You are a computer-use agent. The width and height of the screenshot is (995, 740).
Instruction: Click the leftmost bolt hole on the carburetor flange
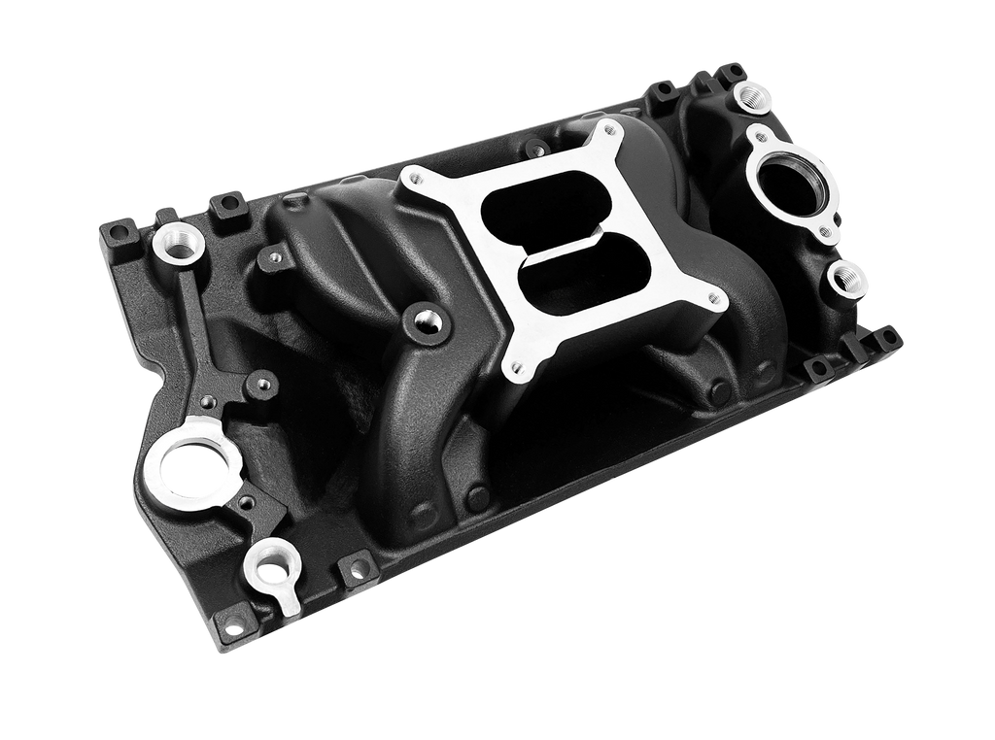pos(412,177)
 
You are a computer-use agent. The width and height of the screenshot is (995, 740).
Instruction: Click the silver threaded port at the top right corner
pos(752,94)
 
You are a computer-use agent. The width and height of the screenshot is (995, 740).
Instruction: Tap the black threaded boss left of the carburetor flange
pos(424,318)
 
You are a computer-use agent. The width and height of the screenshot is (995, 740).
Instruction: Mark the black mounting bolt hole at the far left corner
pos(117,232)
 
